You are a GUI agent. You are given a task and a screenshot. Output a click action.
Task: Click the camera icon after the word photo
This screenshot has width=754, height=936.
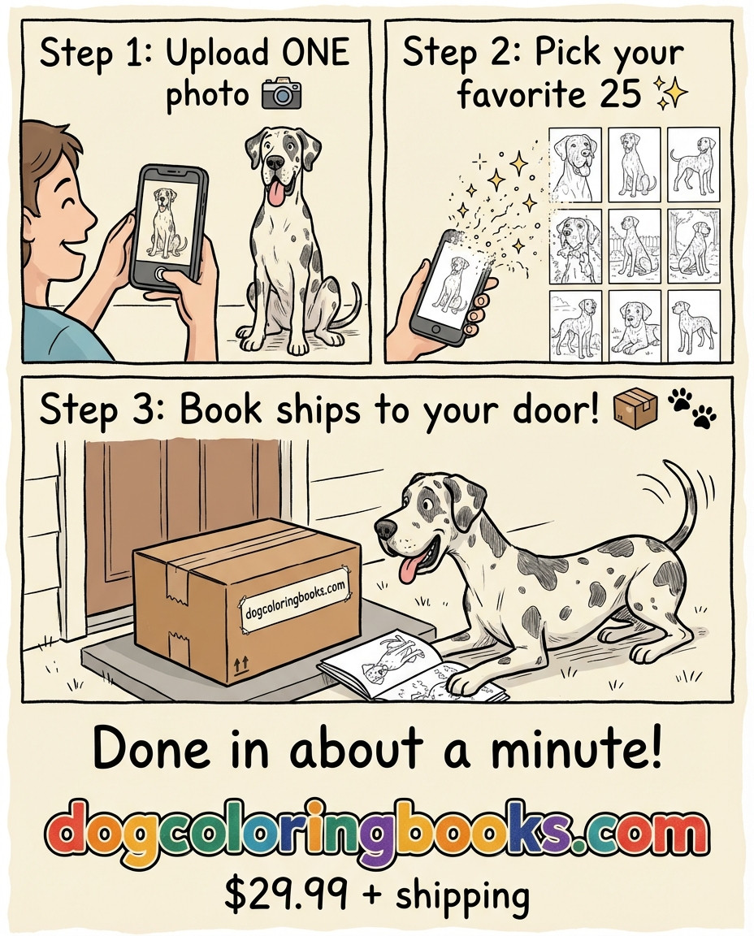click(281, 94)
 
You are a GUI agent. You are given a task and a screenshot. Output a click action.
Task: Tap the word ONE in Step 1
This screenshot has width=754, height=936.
click(315, 53)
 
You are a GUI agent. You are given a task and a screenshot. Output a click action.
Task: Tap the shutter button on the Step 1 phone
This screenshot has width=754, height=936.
click(161, 274)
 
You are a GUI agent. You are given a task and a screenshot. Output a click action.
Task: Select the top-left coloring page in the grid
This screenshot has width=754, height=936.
click(575, 165)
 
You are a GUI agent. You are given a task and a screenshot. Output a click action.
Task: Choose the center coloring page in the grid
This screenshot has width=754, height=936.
click(635, 246)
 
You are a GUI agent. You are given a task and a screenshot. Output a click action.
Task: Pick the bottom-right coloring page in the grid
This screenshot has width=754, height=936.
click(694, 326)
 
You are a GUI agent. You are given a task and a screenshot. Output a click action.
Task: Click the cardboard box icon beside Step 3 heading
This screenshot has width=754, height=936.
click(635, 408)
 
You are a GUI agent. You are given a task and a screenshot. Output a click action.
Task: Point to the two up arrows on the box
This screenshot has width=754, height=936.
click(240, 663)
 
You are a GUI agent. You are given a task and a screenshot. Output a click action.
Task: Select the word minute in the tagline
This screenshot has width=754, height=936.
click(576, 748)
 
